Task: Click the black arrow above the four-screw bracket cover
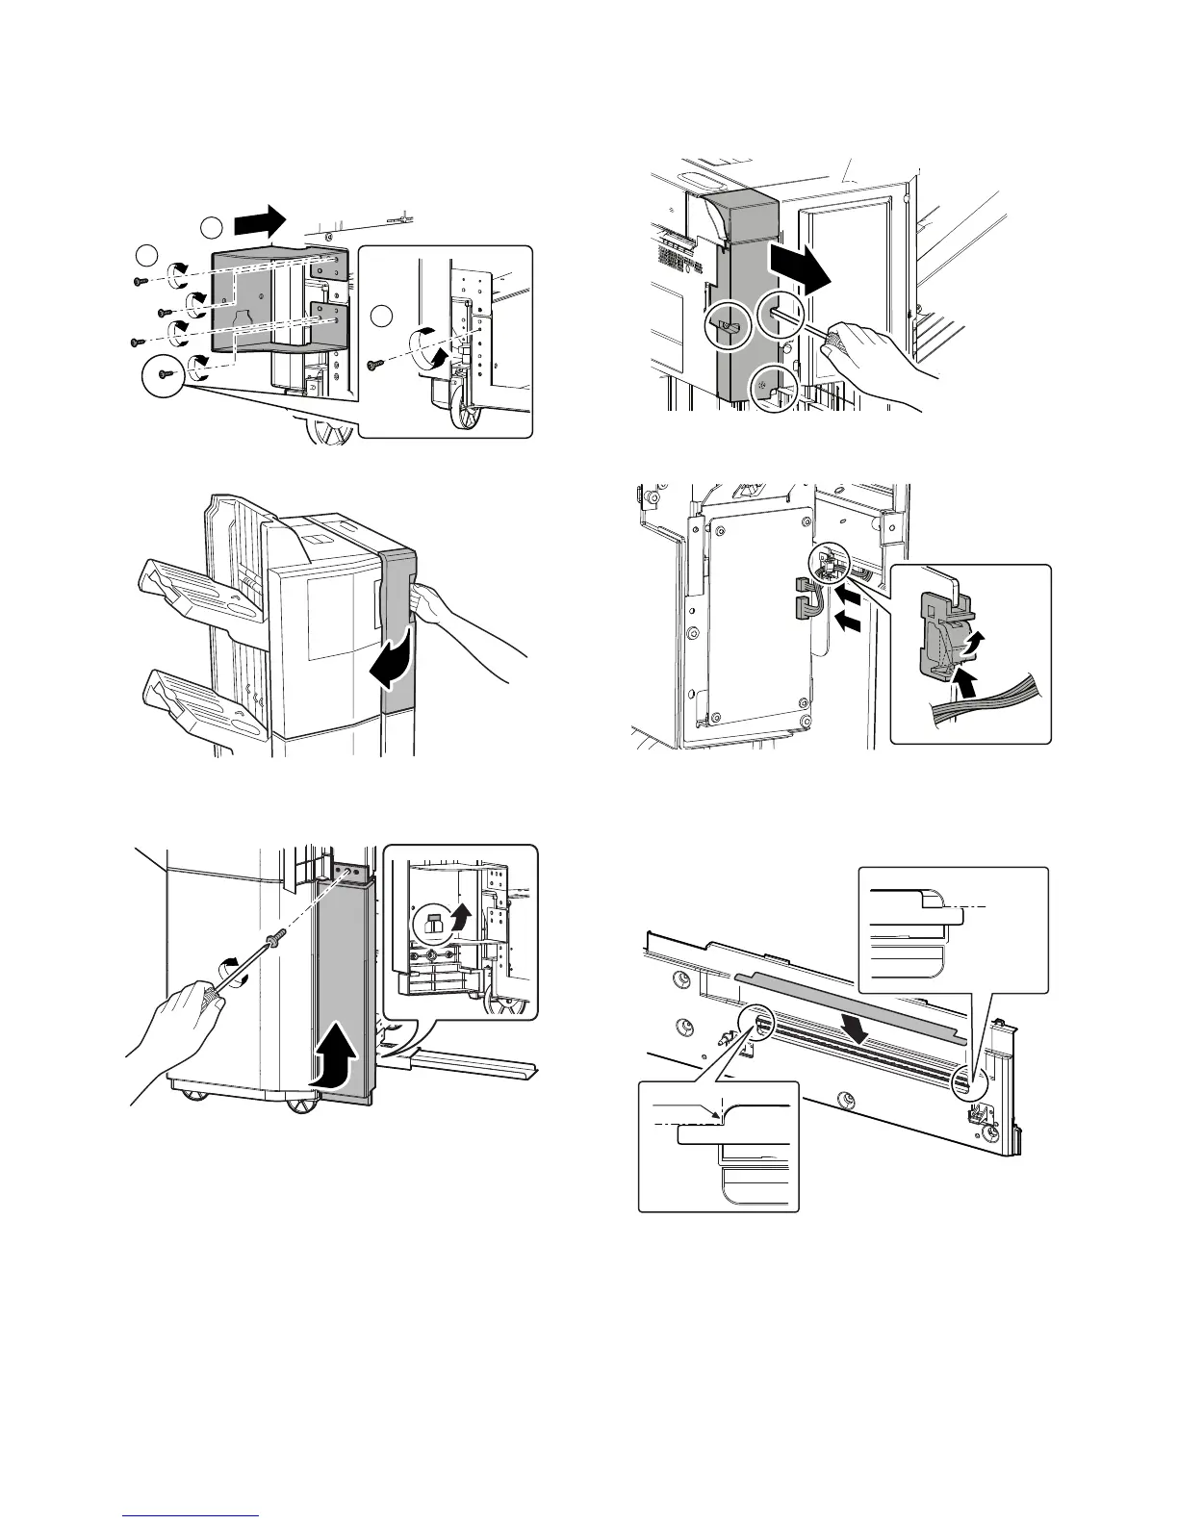pyautogui.click(x=261, y=221)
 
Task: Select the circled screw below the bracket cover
pyautogui.click(x=165, y=375)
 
